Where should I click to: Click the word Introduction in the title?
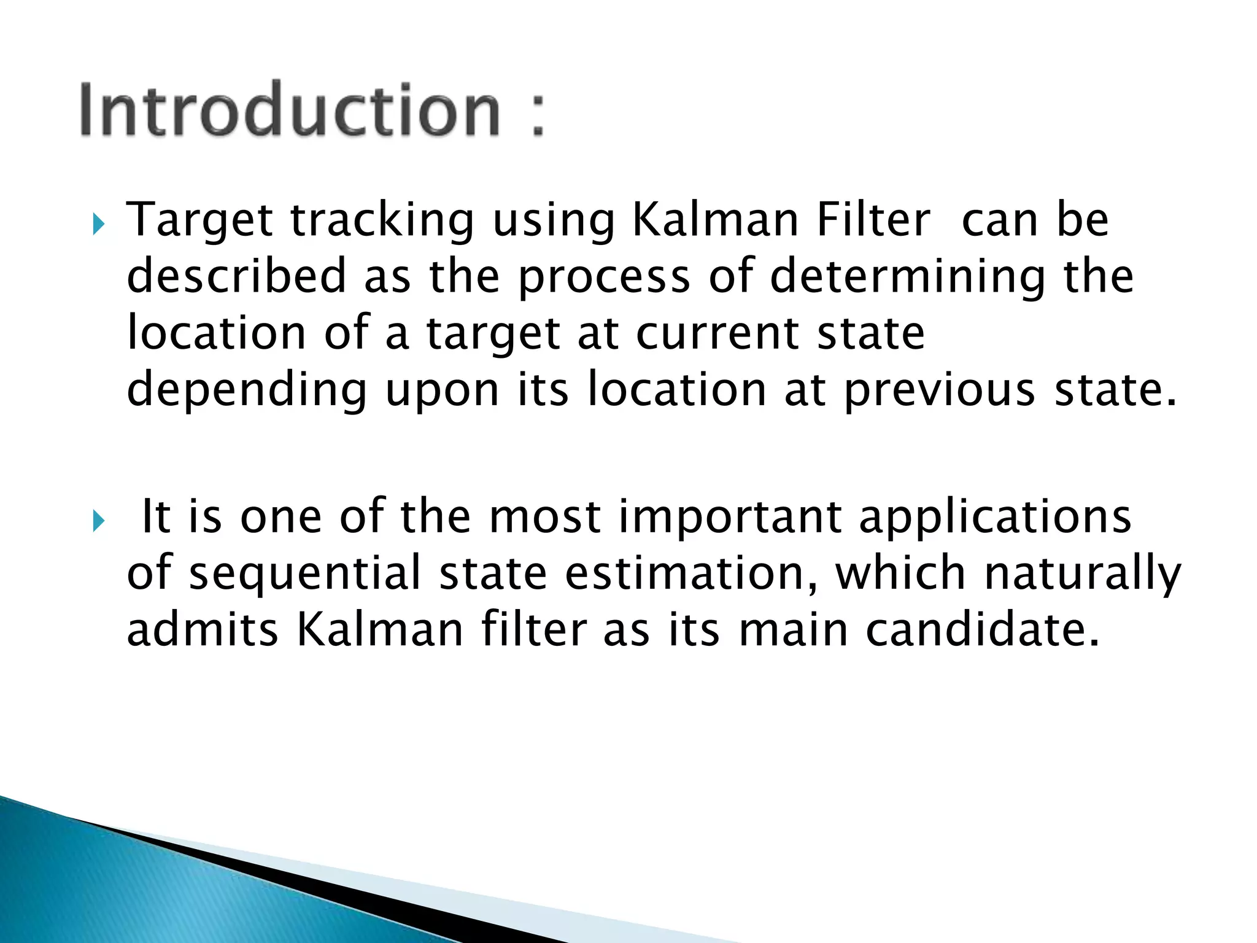(290, 111)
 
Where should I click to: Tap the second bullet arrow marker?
(98, 522)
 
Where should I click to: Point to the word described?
(236, 276)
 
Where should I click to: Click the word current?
(717, 333)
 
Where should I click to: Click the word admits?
(203, 630)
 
